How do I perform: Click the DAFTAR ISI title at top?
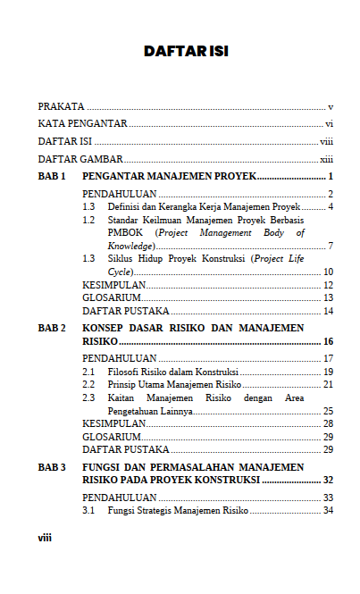click(x=186, y=52)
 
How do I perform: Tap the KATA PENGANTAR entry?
click(x=82, y=124)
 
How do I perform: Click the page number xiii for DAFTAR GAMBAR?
click(x=326, y=159)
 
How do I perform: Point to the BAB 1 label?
click(x=52, y=176)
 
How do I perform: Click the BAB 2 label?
click(x=52, y=329)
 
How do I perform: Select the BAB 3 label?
click(x=52, y=467)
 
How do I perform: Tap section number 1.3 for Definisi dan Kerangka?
click(x=88, y=206)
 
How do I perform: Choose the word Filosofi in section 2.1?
click(x=125, y=372)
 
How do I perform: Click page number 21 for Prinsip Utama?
click(x=328, y=384)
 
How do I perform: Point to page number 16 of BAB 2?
click(x=328, y=341)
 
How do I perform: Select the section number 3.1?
click(x=88, y=511)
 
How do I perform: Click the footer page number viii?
click(x=45, y=538)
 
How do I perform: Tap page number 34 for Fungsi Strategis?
click(x=328, y=511)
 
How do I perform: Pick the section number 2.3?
click(x=88, y=397)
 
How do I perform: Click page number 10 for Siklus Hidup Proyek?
click(x=328, y=272)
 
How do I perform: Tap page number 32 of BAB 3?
click(x=328, y=480)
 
